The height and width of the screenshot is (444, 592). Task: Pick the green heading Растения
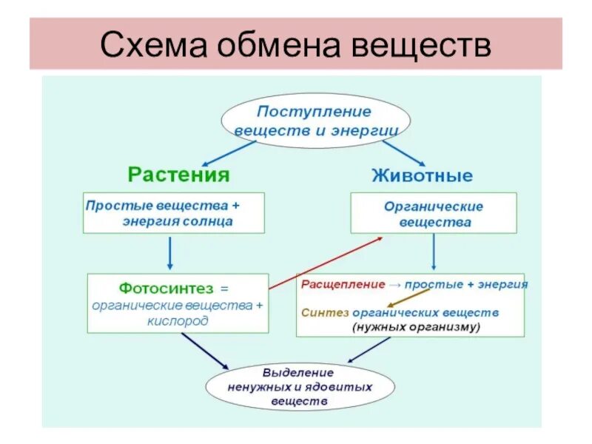[x=178, y=175]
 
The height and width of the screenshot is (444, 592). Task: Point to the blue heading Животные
[x=422, y=176]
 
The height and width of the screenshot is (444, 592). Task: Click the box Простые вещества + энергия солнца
[x=173, y=213]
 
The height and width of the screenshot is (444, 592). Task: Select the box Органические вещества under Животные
[x=434, y=214]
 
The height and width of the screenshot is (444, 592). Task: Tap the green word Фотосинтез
[x=155, y=287]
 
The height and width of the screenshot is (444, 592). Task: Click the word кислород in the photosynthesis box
[x=178, y=321]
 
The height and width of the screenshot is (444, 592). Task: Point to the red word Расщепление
[x=343, y=284]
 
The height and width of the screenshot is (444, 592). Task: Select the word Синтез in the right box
[x=320, y=312]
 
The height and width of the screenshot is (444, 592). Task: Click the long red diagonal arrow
[x=326, y=263]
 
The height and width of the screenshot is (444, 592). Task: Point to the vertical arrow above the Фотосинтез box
[x=170, y=252]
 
